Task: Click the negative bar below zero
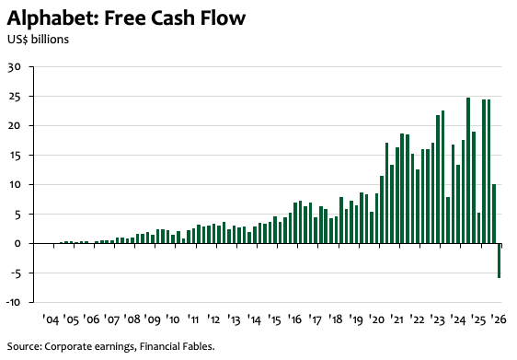pos(499,261)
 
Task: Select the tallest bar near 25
pos(468,170)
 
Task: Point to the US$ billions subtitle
pos(39,40)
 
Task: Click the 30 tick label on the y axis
pos(15,67)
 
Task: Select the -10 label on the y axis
pos(14,302)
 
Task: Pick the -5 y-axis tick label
pos(15,273)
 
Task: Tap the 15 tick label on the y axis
pos(15,155)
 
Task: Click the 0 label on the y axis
pos(17,243)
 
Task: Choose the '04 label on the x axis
pos(51,319)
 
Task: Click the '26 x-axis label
pos(498,319)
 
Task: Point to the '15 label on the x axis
pos(274,319)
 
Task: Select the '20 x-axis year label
pos(376,319)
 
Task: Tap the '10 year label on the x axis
pos(172,319)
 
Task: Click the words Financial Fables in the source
pos(177,346)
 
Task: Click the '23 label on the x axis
pos(437,319)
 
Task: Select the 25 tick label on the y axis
pos(15,97)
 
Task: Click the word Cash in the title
pos(173,17)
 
